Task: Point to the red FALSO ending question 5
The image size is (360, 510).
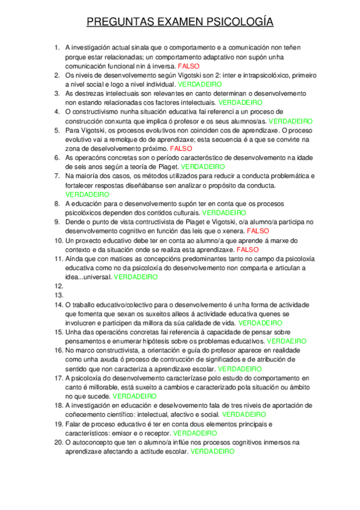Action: pos(181,147)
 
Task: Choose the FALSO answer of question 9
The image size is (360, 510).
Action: pos(258,230)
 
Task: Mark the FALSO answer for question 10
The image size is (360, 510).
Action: pos(248,250)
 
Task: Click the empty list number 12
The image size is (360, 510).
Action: pos(58,286)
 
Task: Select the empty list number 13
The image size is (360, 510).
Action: pos(58,295)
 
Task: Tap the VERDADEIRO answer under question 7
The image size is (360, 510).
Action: pos(87,195)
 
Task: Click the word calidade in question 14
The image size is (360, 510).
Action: pos(201,323)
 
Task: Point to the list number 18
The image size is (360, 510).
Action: pos(58,405)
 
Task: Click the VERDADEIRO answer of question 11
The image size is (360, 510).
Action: pos(136,277)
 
